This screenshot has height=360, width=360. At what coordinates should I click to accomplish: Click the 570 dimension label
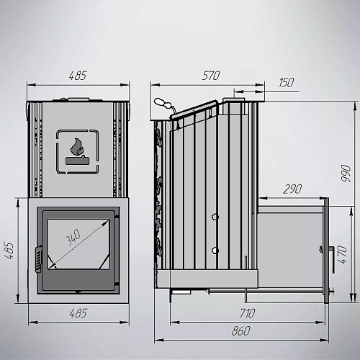click(x=211, y=76)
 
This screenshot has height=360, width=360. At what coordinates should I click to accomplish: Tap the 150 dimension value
click(x=287, y=83)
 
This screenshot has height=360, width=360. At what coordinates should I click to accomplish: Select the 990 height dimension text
click(x=346, y=173)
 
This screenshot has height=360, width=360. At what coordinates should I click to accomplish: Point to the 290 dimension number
click(x=292, y=189)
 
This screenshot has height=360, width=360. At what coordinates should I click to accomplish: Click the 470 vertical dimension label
click(x=342, y=254)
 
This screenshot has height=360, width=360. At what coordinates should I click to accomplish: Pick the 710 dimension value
click(x=248, y=313)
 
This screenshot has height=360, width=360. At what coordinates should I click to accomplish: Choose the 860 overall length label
click(x=241, y=331)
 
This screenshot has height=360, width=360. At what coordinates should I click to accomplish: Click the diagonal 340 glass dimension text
click(x=73, y=238)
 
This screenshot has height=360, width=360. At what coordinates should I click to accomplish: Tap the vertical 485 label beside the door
click(x=9, y=251)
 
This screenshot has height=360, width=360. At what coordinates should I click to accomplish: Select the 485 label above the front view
click(x=78, y=76)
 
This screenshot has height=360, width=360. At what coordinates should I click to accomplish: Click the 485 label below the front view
click(x=78, y=313)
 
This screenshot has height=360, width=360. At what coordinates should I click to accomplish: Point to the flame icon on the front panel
click(x=77, y=147)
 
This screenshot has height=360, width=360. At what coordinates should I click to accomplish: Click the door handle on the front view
click(x=38, y=259)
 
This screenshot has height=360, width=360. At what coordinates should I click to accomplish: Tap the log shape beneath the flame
click(x=78, y=161)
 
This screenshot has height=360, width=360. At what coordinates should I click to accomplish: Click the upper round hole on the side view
click(x=215, y=217)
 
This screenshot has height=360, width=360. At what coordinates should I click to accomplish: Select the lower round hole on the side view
click(x=215, y=251)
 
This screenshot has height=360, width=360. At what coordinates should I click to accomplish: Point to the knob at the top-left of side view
click(x=163, y=104)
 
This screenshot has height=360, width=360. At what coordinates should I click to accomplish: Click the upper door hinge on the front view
click(x=117, y=217)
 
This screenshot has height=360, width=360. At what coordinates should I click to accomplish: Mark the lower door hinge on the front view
click(x=117, y=284)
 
